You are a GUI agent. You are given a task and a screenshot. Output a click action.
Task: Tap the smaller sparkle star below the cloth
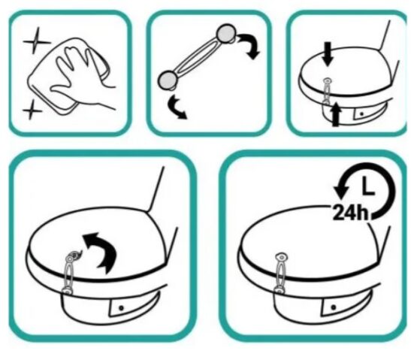32,110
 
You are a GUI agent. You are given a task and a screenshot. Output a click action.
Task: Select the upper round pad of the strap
227,34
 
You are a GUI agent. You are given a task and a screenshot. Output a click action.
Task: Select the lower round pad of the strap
168,80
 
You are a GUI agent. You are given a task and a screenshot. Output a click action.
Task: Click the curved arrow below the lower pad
177,107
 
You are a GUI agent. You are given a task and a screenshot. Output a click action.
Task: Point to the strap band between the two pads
198,56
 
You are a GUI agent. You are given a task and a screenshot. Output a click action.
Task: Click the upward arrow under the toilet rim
336,114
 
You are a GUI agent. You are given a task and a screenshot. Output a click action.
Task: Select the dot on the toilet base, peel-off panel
122,308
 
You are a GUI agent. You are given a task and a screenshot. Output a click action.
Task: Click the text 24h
351,213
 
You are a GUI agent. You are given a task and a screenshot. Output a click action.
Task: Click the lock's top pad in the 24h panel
282,257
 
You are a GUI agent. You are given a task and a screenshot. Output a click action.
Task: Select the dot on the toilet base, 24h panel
334,307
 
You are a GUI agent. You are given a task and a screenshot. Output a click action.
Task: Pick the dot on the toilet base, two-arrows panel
361,114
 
